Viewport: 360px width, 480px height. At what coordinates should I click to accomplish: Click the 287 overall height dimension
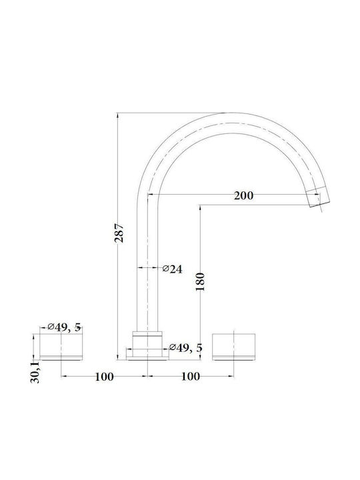point(119,233)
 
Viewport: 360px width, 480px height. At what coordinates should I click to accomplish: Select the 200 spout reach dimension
point(244,195)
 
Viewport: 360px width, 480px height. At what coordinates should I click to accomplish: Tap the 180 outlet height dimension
point(200,281)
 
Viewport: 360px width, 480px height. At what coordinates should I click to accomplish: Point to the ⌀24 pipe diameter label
point(172,269)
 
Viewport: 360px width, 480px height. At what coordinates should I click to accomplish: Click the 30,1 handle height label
point(35,371)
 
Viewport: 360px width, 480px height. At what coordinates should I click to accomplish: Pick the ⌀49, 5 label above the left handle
point(64,327)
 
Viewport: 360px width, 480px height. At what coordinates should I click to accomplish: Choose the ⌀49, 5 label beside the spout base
point(186,348)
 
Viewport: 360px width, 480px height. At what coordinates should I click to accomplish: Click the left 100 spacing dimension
point(104,377)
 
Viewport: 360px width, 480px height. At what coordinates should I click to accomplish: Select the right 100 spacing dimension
point(191,376)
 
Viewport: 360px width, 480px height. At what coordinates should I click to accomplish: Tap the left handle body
point(61,345)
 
